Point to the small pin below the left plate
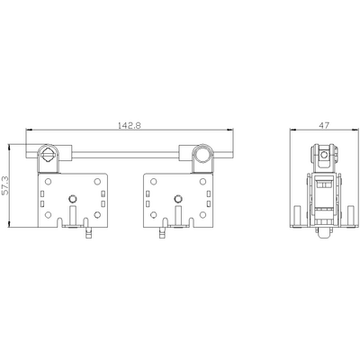tap(89, 234)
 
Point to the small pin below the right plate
tap(162, 234)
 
